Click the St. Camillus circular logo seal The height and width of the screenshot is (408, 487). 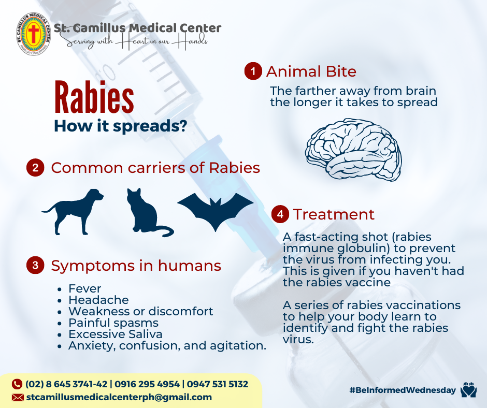pyautogui.click(x=33, y=34)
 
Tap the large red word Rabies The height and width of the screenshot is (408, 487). pyautogui.click(x=94, y=97)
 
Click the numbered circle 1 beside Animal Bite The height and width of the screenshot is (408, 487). pyautogui.click(x=253, y=71)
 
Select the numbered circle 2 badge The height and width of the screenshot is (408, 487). pyautogui.click(x=35, y=168)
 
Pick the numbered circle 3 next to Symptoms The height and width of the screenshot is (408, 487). pyautogui.click(x=35, y=265)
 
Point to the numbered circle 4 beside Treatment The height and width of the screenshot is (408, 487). pyautogui.click(x=280, y=214)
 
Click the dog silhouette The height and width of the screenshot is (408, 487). pyautogui.click(x=73, y=211)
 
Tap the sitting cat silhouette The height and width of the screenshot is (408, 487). pyautogui.click(x=149, y=212)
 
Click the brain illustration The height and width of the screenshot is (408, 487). pyautogui.click(x=353, y=150)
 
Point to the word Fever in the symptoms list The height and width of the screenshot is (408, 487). pyautogui.click(x=85, y=288)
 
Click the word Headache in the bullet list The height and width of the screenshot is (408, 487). pyautogui.click(x=98, y=300)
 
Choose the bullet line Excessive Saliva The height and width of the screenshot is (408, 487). pyautogui.click(x=115, y=334)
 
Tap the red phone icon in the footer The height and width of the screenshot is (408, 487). pyautogui.click(x=17, y=384)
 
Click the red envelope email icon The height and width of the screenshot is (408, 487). pyautogui.click(x=18, y=398)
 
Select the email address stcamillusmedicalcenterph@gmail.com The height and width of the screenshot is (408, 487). pyautogui.click(x=119, y=397)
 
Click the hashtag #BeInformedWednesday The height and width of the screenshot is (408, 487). pyautogui.click(x=403, y=390)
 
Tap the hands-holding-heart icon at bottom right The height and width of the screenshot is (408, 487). pyautogui.click(x=468, y=390)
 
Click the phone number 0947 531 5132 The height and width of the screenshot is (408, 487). pyautogui.click(x=218, y=384)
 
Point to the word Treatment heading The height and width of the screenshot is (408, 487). pyautogui.click(x=334, y=214)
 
